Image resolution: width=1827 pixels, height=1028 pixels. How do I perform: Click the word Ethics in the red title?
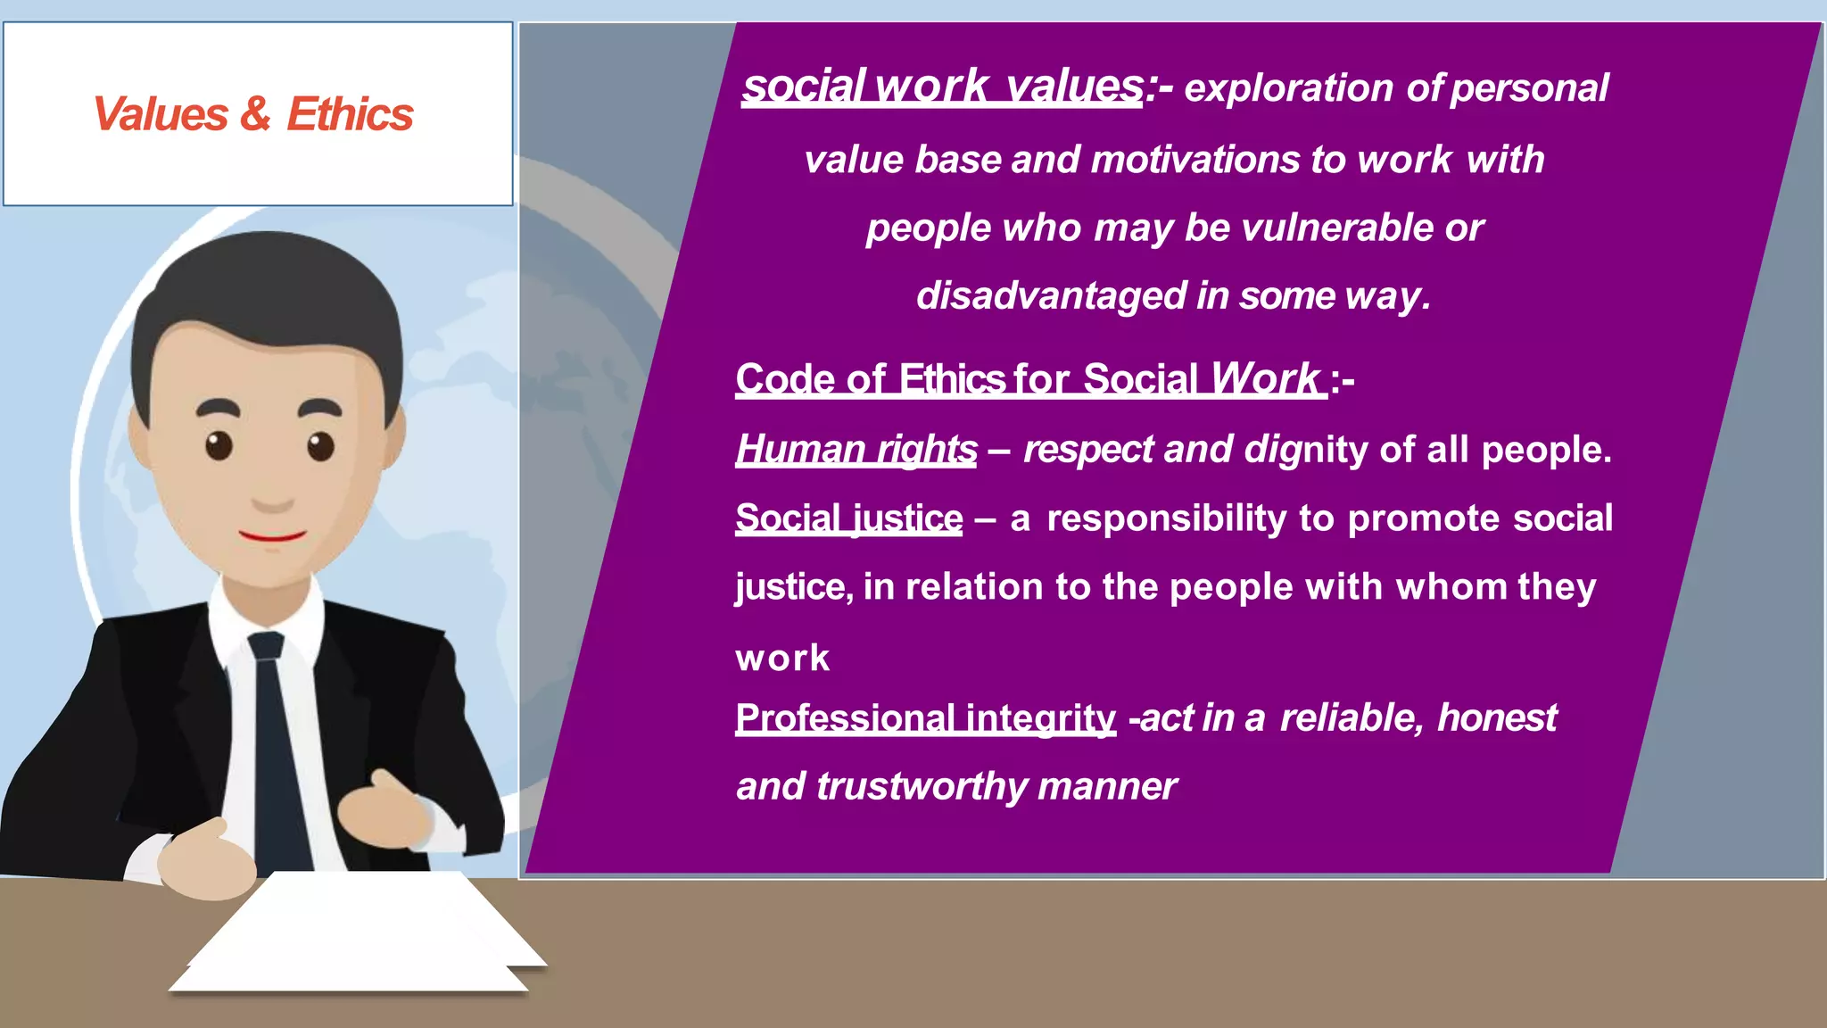[350, 114]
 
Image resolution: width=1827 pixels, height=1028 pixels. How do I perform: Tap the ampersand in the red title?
[255, 114]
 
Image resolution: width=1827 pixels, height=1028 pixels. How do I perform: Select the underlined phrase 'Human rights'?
[856, 449]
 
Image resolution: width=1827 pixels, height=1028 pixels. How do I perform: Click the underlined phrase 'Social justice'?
[848, 518]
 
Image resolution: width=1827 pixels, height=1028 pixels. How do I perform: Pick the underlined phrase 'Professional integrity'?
[925, 717]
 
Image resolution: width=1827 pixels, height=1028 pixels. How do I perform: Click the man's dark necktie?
[275, 741]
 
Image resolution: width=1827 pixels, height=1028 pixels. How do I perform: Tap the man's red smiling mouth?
[272, 536]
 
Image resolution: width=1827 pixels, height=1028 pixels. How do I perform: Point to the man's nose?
[272, 495]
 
